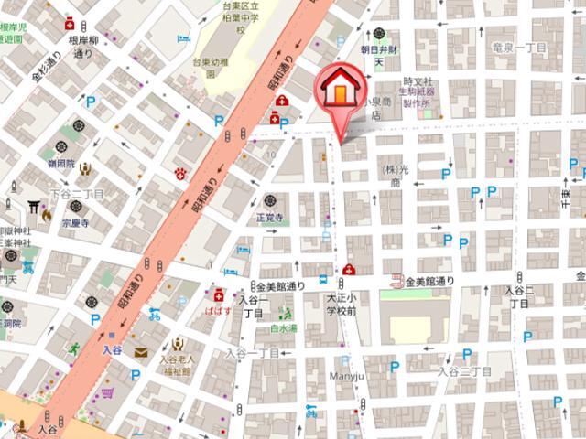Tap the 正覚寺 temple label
click(271, 218)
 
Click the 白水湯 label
click(280, 326)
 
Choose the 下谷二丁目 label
click(77, 195)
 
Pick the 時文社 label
click(417, 82)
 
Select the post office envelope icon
click(140, 351)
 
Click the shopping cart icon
click(108, 394)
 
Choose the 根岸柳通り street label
click(82, 48)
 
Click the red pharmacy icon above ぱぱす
click(219, 294)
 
